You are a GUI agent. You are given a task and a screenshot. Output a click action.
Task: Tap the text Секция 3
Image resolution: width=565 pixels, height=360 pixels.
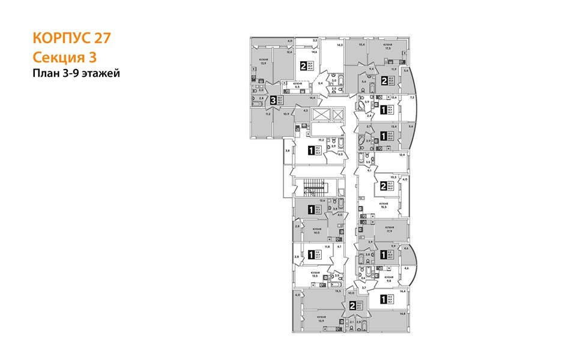tap(64, 57)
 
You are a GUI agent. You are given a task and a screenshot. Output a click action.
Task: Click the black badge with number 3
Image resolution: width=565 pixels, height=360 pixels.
tap(274, 101)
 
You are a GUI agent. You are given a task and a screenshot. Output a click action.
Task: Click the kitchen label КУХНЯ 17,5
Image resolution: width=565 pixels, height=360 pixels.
tap(388, 47)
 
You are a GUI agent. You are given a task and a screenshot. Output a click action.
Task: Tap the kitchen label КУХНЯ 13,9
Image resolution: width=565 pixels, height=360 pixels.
tap(264, 61)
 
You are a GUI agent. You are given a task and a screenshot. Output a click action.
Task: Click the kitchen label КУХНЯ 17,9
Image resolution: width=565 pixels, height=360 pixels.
tap(389, 229)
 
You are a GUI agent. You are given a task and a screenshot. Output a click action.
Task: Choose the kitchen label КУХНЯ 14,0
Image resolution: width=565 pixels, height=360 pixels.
tap(316, 230)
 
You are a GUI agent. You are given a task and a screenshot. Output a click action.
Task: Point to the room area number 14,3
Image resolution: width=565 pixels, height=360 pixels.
tap(339, 45)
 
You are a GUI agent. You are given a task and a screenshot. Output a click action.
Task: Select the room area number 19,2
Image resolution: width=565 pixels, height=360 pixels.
tap(321, 140)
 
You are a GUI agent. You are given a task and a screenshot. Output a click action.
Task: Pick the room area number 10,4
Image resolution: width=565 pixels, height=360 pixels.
tap(361, 45)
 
